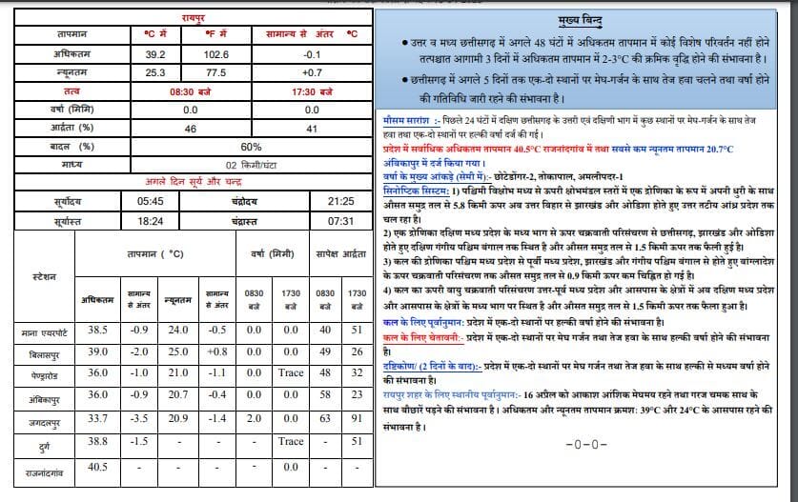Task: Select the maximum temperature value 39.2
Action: [x=155, y=55]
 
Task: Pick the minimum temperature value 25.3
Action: [x=155, y=72]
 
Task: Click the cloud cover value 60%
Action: [x=251, y=147]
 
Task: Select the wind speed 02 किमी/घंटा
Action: [x=251, y=165]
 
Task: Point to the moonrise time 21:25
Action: [x=339, y=202]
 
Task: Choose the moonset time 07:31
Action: [x=339, y=220]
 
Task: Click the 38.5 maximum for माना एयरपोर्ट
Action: [x=97, y=330]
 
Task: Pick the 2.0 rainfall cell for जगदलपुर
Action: [x=253, y=418]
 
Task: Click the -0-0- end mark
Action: [x=581, y=445]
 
